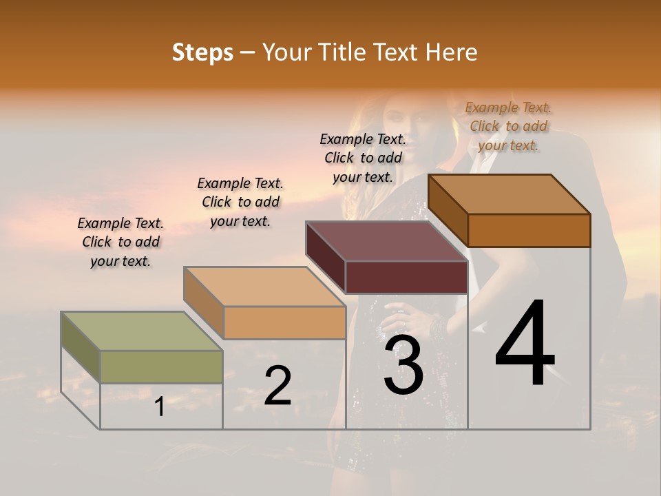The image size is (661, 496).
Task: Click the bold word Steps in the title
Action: point(202,52)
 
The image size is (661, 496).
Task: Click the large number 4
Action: point(525,344)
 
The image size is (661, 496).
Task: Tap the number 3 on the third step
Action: point(403,366)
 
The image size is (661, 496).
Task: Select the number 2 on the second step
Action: point(277,386)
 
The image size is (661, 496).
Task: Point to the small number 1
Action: point(159,407)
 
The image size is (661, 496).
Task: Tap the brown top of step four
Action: point(510,194)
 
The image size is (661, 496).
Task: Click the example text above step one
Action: point(120,242)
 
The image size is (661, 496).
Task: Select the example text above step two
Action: point(240,202)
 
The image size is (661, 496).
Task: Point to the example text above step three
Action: point(363,158)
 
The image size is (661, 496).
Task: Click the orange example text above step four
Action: point(508,126)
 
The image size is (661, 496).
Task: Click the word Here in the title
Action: point(452,52)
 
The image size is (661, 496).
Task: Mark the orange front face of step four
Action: point(529,230)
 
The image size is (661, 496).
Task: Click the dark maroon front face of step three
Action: point(406,278)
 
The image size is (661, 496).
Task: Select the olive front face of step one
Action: point(161,366)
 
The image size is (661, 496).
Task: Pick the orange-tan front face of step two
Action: point(284,322)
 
